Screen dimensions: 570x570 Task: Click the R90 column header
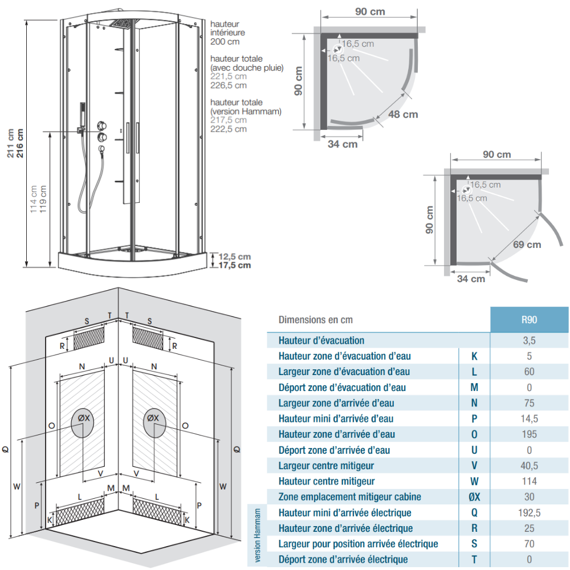coord(529,320)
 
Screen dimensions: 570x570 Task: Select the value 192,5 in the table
coord(530,512)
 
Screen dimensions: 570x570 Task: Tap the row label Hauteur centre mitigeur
coord(327,481)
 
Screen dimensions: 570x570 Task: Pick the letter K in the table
coord(474,356)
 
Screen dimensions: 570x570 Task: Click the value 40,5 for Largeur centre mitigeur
coord(530,466)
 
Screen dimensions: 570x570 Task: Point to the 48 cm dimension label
coord(403,115)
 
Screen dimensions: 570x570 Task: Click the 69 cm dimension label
coord(527,245)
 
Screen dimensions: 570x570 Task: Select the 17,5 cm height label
coord(234,266)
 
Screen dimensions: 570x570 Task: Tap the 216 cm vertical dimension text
coord(19,143)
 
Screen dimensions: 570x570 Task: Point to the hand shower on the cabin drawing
coord(83,116)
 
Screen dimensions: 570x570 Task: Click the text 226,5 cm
coord(229,85)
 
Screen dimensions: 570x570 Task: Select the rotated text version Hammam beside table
coord(258,535)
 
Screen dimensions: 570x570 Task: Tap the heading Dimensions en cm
coord(316,320)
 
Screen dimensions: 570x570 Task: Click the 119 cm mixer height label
coord(43,199)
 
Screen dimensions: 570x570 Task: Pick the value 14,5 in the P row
coord(530,419)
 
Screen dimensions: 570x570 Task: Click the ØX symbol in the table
coord(474,497)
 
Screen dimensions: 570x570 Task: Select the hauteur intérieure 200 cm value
coord(225,42)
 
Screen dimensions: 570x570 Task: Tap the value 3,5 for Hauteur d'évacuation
coord(530,341)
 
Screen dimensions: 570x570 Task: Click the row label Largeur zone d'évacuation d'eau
coord(344,372)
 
